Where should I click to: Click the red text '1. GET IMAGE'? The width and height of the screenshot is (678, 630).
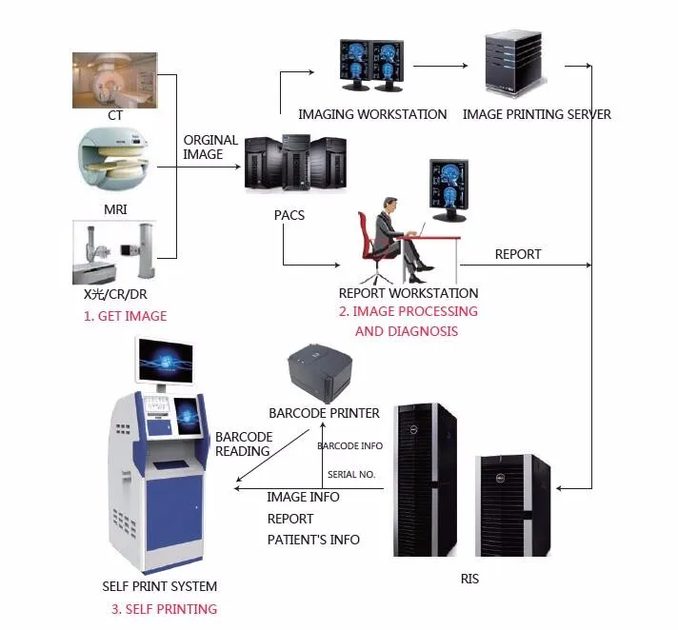pos(125,316)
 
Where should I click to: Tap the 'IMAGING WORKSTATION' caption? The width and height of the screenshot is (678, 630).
pos(372,114)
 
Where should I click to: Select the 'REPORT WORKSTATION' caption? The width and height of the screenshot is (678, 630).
pos(409,293)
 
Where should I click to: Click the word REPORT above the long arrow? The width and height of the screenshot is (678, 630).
pos(518,254)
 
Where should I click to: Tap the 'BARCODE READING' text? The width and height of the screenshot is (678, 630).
pos(243,443)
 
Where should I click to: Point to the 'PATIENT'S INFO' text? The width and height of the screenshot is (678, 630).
pos(313,540)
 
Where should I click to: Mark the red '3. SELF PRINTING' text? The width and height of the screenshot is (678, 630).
pos(164,609)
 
